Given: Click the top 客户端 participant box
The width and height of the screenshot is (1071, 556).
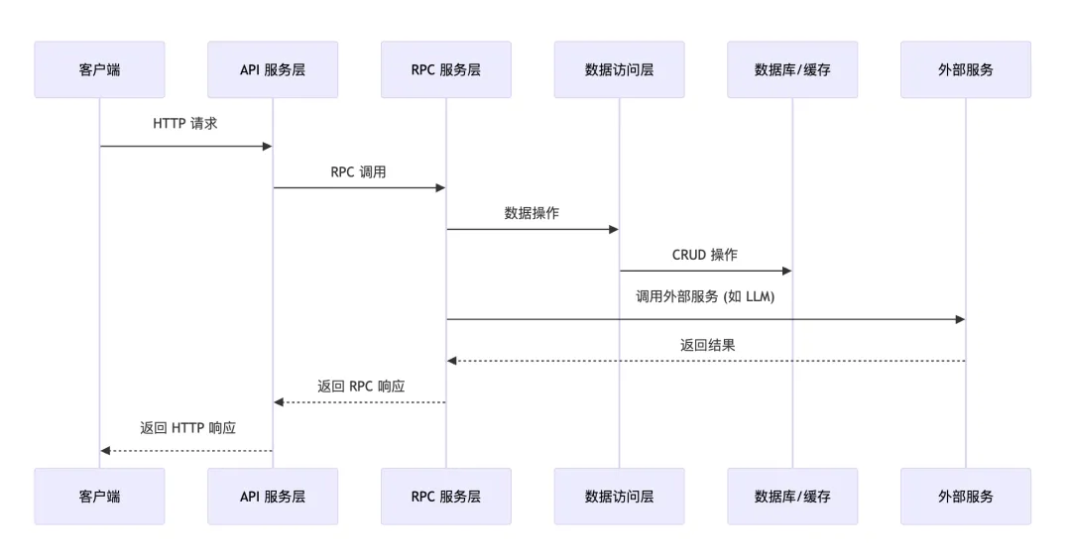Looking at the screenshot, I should point(99,69).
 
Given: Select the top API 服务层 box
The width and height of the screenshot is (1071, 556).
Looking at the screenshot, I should point(273,69).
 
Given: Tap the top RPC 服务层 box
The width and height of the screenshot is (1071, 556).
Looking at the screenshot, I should point(446,69).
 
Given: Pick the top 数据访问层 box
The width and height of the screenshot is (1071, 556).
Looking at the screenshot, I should point(619,69).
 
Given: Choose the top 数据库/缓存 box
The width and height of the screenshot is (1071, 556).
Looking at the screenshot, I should point(792,69).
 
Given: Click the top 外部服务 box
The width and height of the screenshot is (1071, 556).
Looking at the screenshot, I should point(966,69).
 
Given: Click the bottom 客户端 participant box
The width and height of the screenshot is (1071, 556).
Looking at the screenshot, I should point(99,497).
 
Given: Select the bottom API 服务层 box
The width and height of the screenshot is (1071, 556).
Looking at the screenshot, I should point(273,497).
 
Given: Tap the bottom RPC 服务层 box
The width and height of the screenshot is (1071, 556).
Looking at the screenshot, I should point(446,497).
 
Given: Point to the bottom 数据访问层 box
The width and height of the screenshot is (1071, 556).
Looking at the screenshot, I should point(619,497).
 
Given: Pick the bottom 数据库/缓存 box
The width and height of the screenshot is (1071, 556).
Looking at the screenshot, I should point(792,497).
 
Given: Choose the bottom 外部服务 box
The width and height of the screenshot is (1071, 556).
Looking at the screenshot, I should point(966,497).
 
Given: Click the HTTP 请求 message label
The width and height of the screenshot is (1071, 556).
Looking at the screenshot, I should point(185,124).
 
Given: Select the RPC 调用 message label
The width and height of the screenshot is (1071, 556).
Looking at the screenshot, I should point(359,171).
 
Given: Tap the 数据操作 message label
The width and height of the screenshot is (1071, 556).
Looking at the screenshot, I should point(533,213).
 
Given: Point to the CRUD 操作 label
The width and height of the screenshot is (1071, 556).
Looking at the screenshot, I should point(705,255).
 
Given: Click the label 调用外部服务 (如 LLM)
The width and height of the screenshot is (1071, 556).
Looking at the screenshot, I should point(705,296).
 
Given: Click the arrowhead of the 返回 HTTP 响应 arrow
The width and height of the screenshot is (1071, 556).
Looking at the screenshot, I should point(105,451).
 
